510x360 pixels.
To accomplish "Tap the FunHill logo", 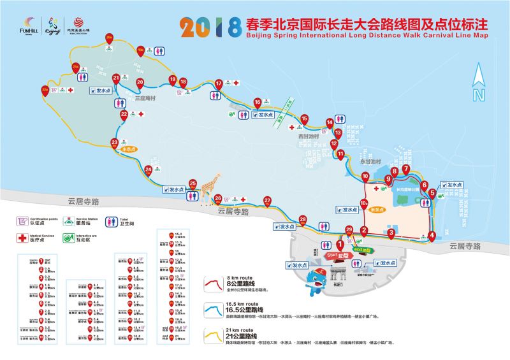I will [x=29, y=25].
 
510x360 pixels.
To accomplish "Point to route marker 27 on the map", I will [x=267, y=202].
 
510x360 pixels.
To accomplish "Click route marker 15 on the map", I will [x=304, y=119].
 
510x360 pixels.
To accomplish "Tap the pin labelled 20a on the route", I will [x=110, y=39].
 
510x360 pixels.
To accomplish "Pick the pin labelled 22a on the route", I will [x=45, y=91].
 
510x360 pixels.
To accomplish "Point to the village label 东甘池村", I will [x=370, y=162].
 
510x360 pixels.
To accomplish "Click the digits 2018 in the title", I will [x=211, y=25].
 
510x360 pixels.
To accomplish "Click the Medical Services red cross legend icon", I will [x=24, y=238].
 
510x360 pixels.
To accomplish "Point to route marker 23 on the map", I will [x=115, y=143].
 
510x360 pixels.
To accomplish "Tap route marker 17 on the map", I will [x=219, y=83].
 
